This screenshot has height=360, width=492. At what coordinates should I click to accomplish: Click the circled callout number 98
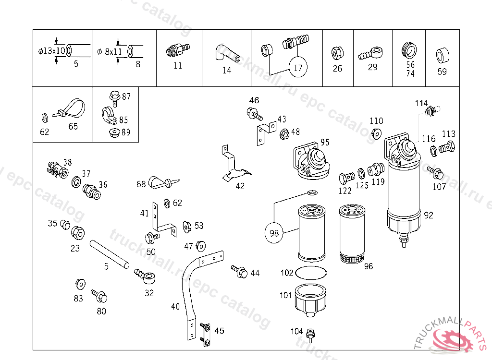274,233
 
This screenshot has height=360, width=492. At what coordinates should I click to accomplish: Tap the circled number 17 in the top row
298,68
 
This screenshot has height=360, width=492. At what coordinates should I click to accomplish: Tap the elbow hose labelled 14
226,52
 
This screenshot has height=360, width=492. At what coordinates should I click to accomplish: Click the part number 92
429,215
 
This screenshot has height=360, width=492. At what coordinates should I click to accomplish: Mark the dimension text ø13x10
52,51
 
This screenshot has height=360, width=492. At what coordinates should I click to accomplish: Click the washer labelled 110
377,133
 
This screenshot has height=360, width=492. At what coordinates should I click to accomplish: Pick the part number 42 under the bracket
240,186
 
